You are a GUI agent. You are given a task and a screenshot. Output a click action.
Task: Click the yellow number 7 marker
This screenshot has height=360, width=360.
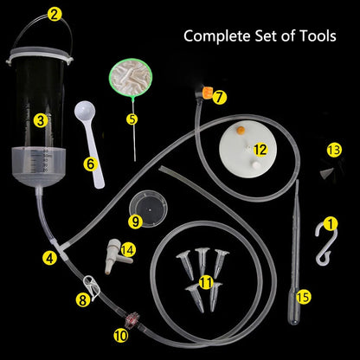tap(220, 97)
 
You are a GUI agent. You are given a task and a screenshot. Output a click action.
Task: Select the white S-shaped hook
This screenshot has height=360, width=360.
tap(325, 244)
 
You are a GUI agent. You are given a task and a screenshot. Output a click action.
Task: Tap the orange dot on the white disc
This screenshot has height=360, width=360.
tap(241, 131)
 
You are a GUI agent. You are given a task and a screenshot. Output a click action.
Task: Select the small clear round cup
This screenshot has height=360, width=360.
tap(148, 208)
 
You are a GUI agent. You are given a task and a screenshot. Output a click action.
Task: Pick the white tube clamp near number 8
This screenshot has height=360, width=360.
tap(92, 286)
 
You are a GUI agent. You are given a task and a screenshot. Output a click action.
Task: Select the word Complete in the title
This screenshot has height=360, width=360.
tap(217, 36)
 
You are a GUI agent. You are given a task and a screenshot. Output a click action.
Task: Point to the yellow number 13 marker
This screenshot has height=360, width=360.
tap(334, 150)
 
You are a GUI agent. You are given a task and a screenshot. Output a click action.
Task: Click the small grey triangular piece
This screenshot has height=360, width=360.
tap(327, 172)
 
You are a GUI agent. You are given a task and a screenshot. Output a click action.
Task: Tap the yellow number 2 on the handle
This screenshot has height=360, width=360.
tap(54, 15)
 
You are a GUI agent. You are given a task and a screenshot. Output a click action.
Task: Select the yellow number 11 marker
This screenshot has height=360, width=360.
tap(207, 282)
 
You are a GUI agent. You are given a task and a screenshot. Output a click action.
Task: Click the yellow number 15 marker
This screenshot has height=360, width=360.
tap(304, 297)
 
